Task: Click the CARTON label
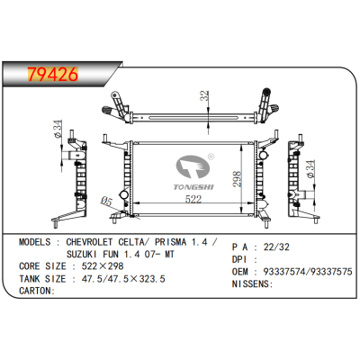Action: (x=37, y=292)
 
